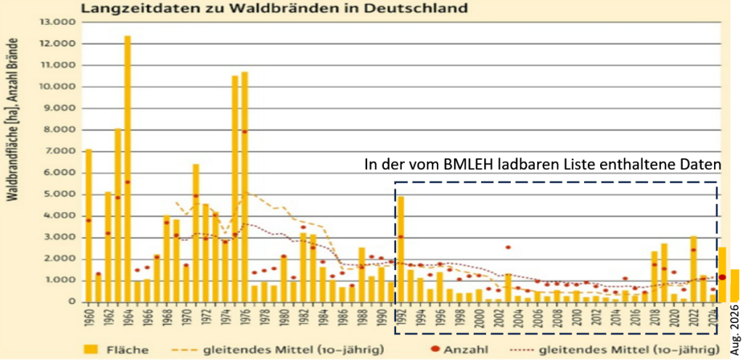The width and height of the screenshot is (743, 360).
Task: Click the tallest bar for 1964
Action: pos(128,168)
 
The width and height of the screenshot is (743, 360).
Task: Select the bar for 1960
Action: pos(89,226)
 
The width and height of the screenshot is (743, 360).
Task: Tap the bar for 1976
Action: pos(245,187)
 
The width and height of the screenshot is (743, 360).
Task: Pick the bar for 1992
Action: pos(401,249)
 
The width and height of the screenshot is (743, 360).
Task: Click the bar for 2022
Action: pos(693,269)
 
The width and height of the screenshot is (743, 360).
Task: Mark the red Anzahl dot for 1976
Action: pos(245,131)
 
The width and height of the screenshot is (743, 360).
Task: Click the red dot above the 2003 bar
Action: pos(508,247)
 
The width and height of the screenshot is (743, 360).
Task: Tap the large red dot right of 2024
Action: pos(722,277)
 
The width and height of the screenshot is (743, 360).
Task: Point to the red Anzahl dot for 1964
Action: pos(128,182)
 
